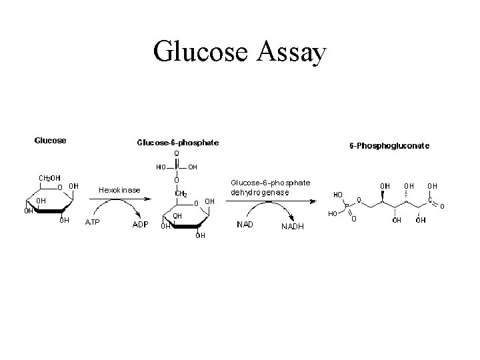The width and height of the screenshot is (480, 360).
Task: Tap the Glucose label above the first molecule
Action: pos(51,140)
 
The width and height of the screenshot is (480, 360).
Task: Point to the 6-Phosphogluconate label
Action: pos(389,145)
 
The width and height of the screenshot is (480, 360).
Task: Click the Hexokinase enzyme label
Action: pos(119,190)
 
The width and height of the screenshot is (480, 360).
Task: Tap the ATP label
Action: pos(92,222)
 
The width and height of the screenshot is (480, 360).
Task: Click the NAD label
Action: pos(245,224)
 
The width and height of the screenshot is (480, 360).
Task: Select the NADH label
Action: pos(293,226)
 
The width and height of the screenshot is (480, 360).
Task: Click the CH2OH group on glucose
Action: pos(49,178)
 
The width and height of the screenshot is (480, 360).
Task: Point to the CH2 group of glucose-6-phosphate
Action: pos(180,194)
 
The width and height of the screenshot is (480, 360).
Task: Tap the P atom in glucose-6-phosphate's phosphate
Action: pos(177,167)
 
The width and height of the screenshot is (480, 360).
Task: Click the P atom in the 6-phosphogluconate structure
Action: pos(346,205)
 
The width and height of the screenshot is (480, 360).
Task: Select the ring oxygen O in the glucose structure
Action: pos(60,187)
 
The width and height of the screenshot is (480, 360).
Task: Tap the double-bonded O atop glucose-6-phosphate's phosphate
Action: pos(177,153)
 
